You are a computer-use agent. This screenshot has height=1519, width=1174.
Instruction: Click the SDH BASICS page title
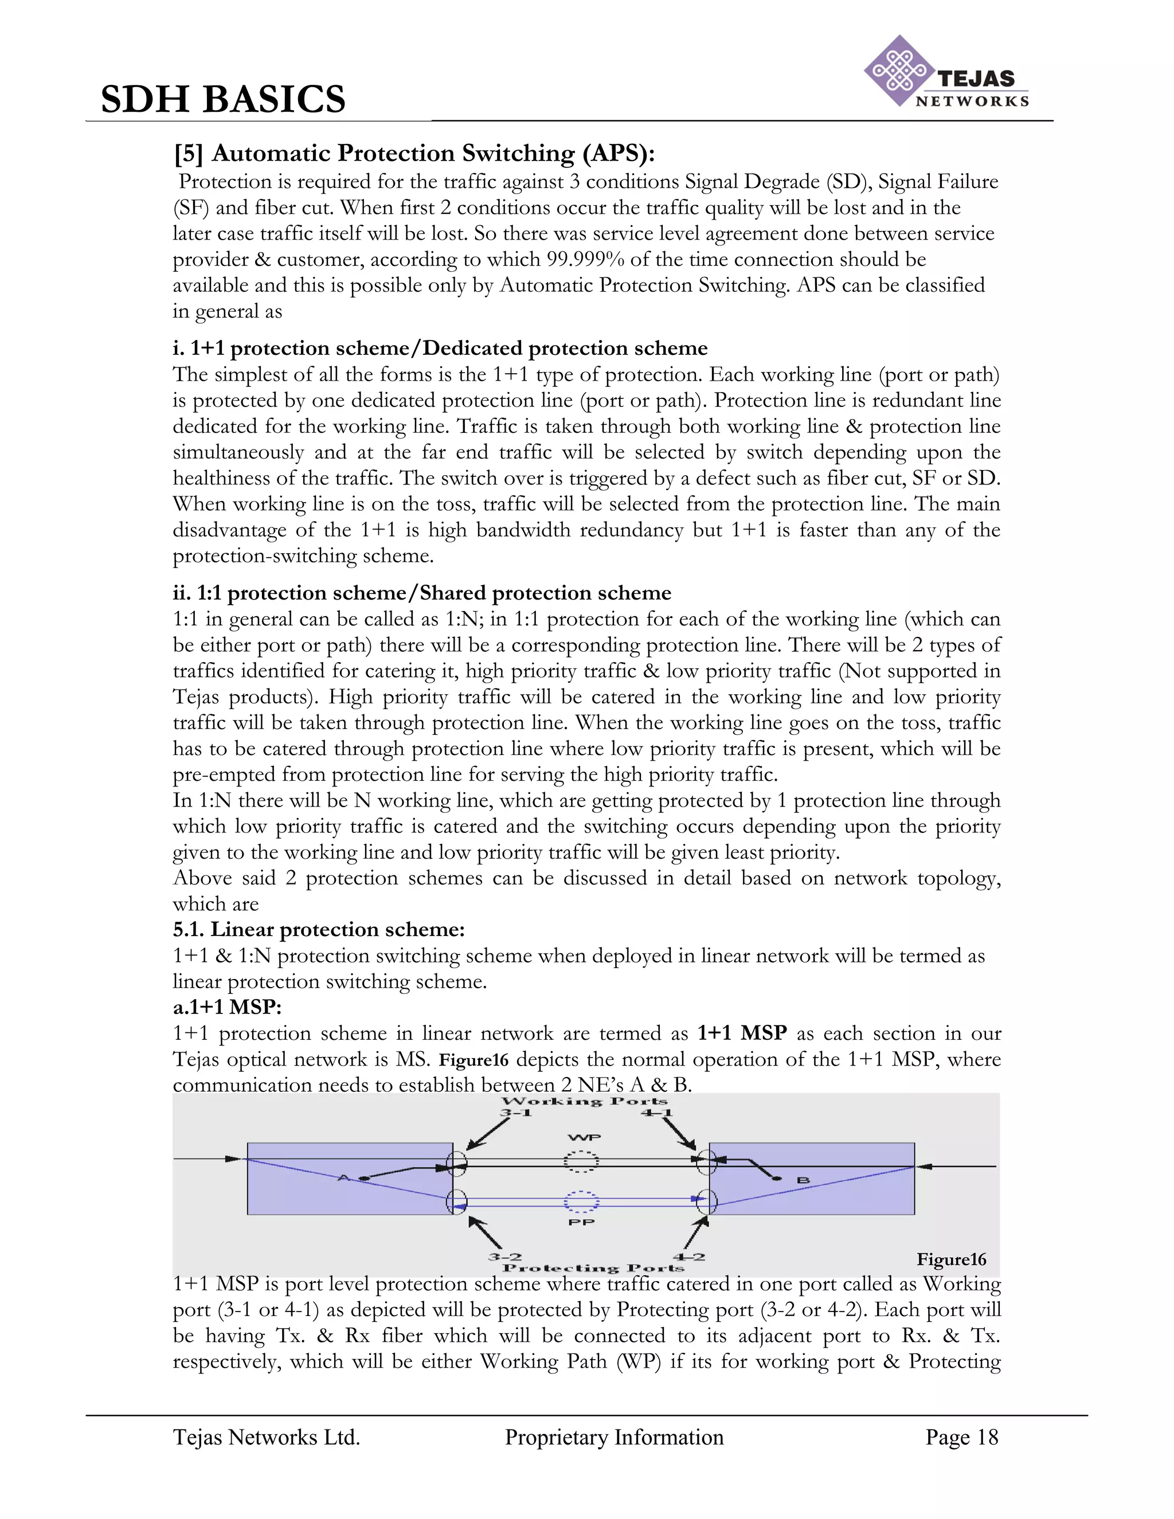pos(223,99)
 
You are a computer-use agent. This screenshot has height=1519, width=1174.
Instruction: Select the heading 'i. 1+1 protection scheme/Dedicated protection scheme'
pos(440,348)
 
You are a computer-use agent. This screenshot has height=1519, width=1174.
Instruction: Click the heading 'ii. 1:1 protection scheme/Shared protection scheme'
pos(421,593)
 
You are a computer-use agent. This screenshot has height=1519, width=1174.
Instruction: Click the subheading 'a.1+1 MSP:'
pos(227,1007)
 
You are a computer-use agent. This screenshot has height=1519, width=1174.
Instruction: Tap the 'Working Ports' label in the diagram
pos(584,1102)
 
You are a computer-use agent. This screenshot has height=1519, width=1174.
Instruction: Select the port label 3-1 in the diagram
pos(515,1114)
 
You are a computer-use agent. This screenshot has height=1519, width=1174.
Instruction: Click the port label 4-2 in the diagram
pos(688,1257)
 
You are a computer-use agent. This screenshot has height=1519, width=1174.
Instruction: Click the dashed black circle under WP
pos(581,1161)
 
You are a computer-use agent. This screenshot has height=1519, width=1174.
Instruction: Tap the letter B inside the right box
pos(803,1180)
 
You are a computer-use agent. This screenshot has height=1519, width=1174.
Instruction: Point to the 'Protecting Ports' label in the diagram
pos(593,1268)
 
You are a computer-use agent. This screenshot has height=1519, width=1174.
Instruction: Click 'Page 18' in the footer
pos(961,1437)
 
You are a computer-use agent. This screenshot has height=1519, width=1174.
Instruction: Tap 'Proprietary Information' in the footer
pos(613,1437)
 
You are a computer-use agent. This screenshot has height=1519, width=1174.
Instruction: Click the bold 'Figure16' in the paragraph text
pos(473,1060)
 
